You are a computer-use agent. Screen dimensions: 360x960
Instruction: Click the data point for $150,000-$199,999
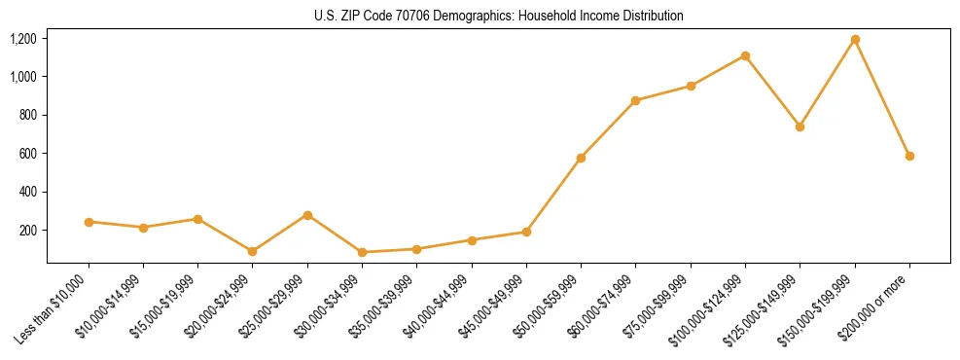click(855, 40)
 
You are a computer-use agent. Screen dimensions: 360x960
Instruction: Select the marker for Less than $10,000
click(89, 222)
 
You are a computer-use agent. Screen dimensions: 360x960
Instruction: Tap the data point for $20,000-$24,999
click(253, 251)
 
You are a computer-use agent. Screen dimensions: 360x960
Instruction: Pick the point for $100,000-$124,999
click(745, 55)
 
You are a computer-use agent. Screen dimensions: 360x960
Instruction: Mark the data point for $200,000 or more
click(909, 156)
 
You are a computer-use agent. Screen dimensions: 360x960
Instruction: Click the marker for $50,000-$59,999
click(581, 158)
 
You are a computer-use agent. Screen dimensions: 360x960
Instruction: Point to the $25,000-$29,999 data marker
click(307, 215)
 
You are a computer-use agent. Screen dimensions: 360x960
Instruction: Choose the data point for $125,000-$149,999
click(800, 126)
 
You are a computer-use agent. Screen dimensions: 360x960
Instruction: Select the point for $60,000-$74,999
click(635, 100)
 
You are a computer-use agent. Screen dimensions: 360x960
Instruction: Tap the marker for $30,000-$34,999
click(362, 252)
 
